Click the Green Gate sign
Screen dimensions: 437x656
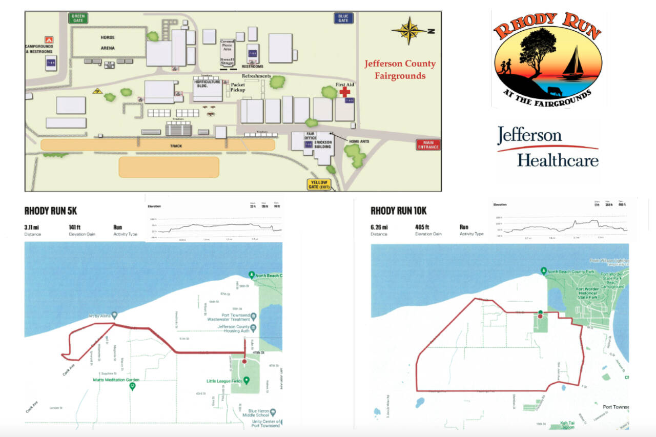click(x=78, y=18)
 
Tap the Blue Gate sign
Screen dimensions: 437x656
click(x=343, y=18)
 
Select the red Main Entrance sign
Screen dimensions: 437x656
click(x=428, y=144)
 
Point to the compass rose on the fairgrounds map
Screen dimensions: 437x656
click(x=409, y=31)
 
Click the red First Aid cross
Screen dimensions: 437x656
click(x=345, y=91)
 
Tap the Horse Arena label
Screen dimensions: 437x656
click(x=108, y=43)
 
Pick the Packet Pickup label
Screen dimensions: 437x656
click(x=238, y=88)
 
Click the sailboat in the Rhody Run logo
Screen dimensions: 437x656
click(x=573, y=64)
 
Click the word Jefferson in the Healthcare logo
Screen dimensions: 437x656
click(x=529, y=136)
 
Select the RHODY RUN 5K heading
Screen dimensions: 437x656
click(x=51, y=211)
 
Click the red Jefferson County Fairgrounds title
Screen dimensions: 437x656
click(x=400, y=70)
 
